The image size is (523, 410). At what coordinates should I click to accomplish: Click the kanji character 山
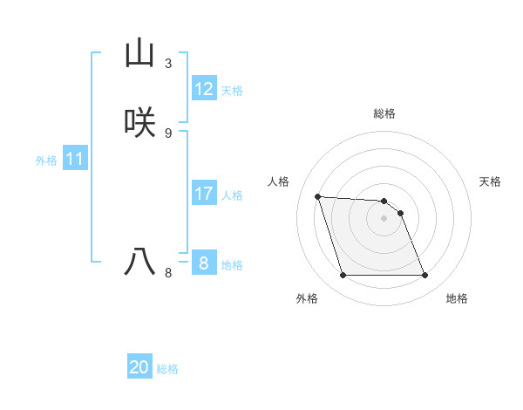(x=139, y=53)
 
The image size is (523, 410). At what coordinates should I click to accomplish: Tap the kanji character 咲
(x=139, y=122)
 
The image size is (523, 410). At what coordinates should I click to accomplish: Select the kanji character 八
(x=139, y=261)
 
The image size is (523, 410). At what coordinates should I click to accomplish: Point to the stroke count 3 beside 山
(x=168, y=64)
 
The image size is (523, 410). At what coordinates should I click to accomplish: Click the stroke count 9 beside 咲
(x=168, y=133)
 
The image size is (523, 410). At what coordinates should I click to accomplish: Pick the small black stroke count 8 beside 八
(x=168, y=272)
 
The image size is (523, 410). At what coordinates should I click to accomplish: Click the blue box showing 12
(x=204, y=89)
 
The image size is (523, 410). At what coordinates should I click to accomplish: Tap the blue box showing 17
(x=204, y=193)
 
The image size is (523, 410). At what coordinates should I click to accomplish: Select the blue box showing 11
(x=75, y=159)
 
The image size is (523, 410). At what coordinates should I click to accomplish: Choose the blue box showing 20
(x=139, y=367)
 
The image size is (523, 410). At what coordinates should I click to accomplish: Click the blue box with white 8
(x=204, y=263)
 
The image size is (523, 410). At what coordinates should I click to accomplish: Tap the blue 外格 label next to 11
(x=46, y=161)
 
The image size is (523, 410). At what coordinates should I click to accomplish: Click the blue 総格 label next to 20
(x=167, y=369)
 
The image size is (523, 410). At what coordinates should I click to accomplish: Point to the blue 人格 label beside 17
(x=233, y=195)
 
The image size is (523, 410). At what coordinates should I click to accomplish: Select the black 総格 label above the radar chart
(x=384, y=113)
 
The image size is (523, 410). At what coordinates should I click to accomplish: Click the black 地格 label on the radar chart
(x=457, y=298)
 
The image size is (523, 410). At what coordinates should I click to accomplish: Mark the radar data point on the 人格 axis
(x=317, y=196)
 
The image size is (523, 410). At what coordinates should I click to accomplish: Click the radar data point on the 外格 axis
(x=343, y=276)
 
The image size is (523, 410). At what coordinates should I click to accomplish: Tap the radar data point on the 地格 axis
(x=425, y=276)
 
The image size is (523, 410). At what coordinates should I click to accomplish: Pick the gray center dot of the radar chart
(x=384, y=218)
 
